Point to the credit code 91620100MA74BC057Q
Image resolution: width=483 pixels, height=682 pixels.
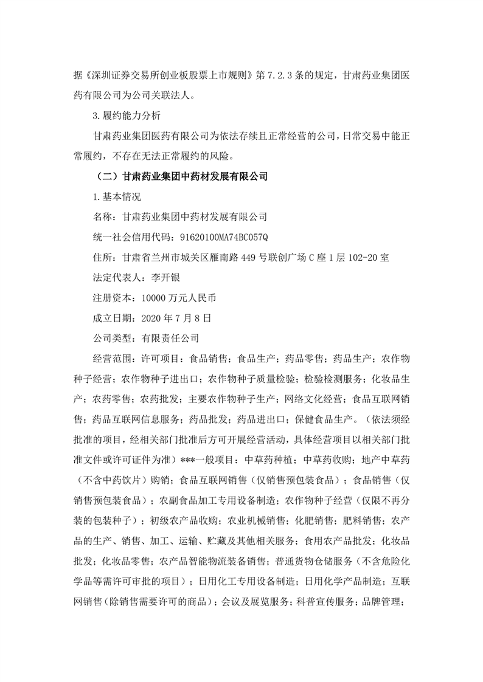point(222,236)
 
